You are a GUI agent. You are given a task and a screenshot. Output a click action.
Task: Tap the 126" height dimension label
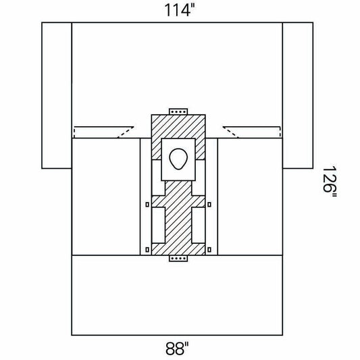pyautogui.click(x=330, y=182)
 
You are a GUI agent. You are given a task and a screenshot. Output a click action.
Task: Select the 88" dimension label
pyautogui.click(x=177, y=349)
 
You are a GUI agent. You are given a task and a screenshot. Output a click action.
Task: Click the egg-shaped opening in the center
pyautogui.click(x=178, y=159)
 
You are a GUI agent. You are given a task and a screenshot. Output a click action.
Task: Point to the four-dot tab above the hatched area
pyautogui.click(x=178, y=111)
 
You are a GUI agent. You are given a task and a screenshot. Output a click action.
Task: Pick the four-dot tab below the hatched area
pyautogui.click(x=178, y=258)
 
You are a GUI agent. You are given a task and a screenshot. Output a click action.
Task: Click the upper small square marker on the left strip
pyautogui.click(x=147, y=205)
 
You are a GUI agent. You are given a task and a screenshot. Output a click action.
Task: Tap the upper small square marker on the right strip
pyautogui.click(x=209, y=205)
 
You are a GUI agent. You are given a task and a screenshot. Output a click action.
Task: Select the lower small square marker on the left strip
pyautogui.click(x=147, y=249)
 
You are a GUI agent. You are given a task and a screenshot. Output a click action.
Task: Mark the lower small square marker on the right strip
pyautogui.click(x=209, y=249)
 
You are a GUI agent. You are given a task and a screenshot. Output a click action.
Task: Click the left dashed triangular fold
pyautogui.click(x=103, y=132)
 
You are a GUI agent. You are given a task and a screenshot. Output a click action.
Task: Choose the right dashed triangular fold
pyautogui.click(x=252, y=132)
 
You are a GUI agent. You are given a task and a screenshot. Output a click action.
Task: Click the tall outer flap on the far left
pyautogui.click(x=57, y=95)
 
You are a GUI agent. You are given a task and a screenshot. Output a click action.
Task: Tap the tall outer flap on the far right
pyautogui.click(x=298, y=95)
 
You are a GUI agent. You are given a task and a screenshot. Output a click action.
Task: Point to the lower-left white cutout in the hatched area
pyautogui.click(x=159, y=225)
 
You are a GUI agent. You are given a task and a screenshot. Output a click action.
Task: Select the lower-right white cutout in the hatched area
pyautogui.click(x=199, y=225)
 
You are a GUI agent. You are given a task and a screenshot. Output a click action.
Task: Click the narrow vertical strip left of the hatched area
pyautogui.click(x=146, y=197)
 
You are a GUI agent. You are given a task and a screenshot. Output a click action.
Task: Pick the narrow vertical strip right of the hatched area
pyautogui.click(x=211, y=197)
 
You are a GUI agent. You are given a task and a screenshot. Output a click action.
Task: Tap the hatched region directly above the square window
pyautogui.click(x=178, y=126)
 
